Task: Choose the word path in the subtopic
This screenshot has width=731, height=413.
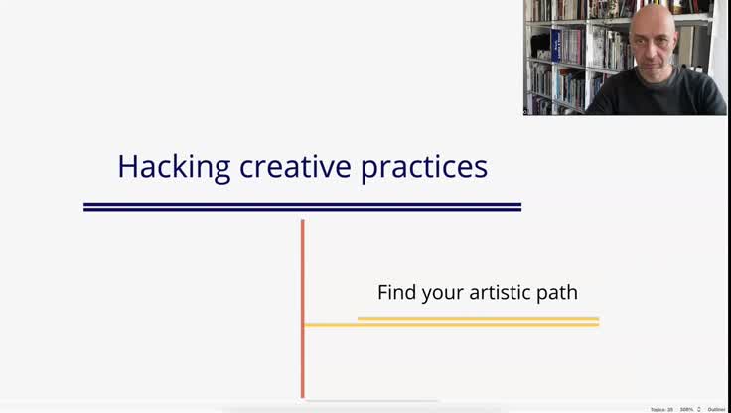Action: pos(557,293)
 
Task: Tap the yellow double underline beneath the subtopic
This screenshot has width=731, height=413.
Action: pos(477,321)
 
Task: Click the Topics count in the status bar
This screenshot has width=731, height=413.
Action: pos(661,409)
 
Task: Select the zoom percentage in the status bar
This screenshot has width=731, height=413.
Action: pos(686,409)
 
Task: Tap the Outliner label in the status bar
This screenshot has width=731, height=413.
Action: pos(716,409)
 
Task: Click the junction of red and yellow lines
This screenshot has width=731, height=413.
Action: pos(303,324)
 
